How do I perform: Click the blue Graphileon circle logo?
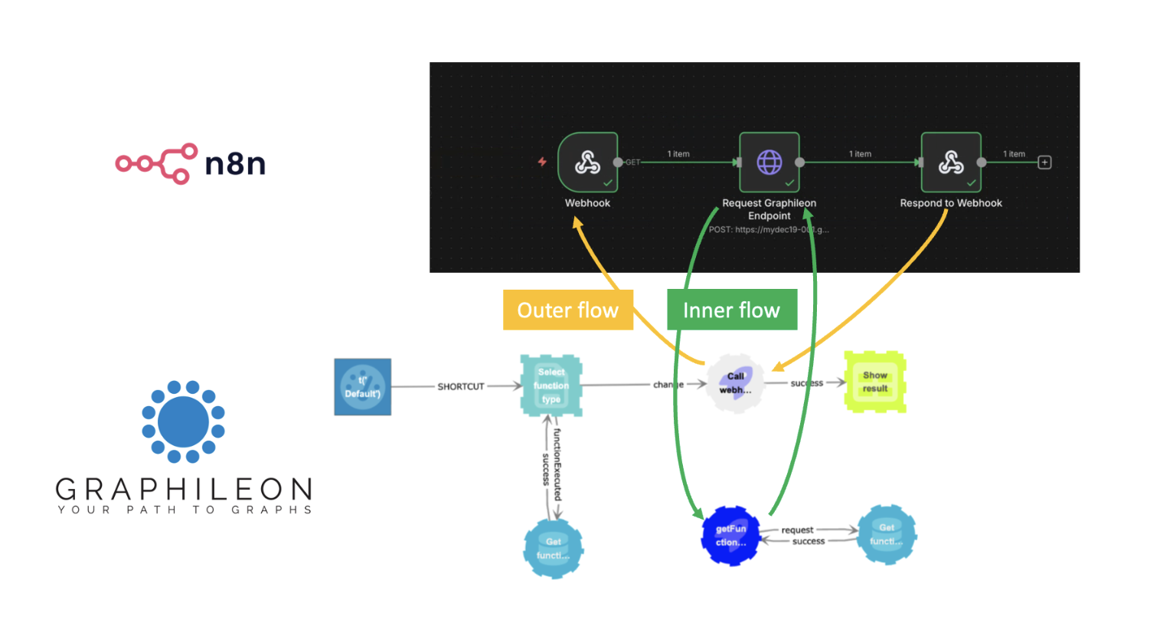click(183, 422)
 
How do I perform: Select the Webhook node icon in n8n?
click(587, 162)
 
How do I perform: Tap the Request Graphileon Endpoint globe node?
click(769, 162)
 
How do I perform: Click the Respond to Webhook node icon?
click(951, 162)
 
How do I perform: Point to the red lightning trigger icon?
click(542, 162)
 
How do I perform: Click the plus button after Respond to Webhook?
click(1044, 162)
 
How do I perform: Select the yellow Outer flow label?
click(567, 310)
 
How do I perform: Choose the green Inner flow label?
click(731, 310)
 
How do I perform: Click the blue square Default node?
click(362, 387)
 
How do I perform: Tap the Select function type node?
click(551, 385)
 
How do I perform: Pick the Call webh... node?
click(736, 383)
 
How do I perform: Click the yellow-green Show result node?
click(875, 382)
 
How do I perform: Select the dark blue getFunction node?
click(730, 536)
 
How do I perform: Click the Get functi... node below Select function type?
click(553, 549)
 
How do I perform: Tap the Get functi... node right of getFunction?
click(887, 535)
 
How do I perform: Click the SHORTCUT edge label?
click(461, 387)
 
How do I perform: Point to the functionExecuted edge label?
click(557, 464)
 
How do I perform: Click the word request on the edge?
click(797, 530)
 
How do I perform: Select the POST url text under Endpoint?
click(769, 229)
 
